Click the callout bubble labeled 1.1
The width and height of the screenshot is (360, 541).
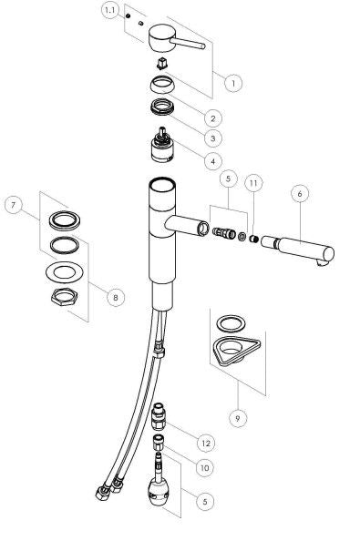tap(110, 10)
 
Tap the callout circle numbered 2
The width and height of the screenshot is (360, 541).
tap(213, 117)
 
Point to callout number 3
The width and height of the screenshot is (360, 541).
tap(212, 138)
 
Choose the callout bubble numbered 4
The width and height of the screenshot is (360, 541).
tap(212, 161)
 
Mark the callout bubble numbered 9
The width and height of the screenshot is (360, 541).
tap(237, 418)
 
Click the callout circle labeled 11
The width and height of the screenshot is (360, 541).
tap(254, 183)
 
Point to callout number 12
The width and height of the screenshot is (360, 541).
tap(206, 443)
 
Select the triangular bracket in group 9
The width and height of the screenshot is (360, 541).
tap(234, 350)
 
